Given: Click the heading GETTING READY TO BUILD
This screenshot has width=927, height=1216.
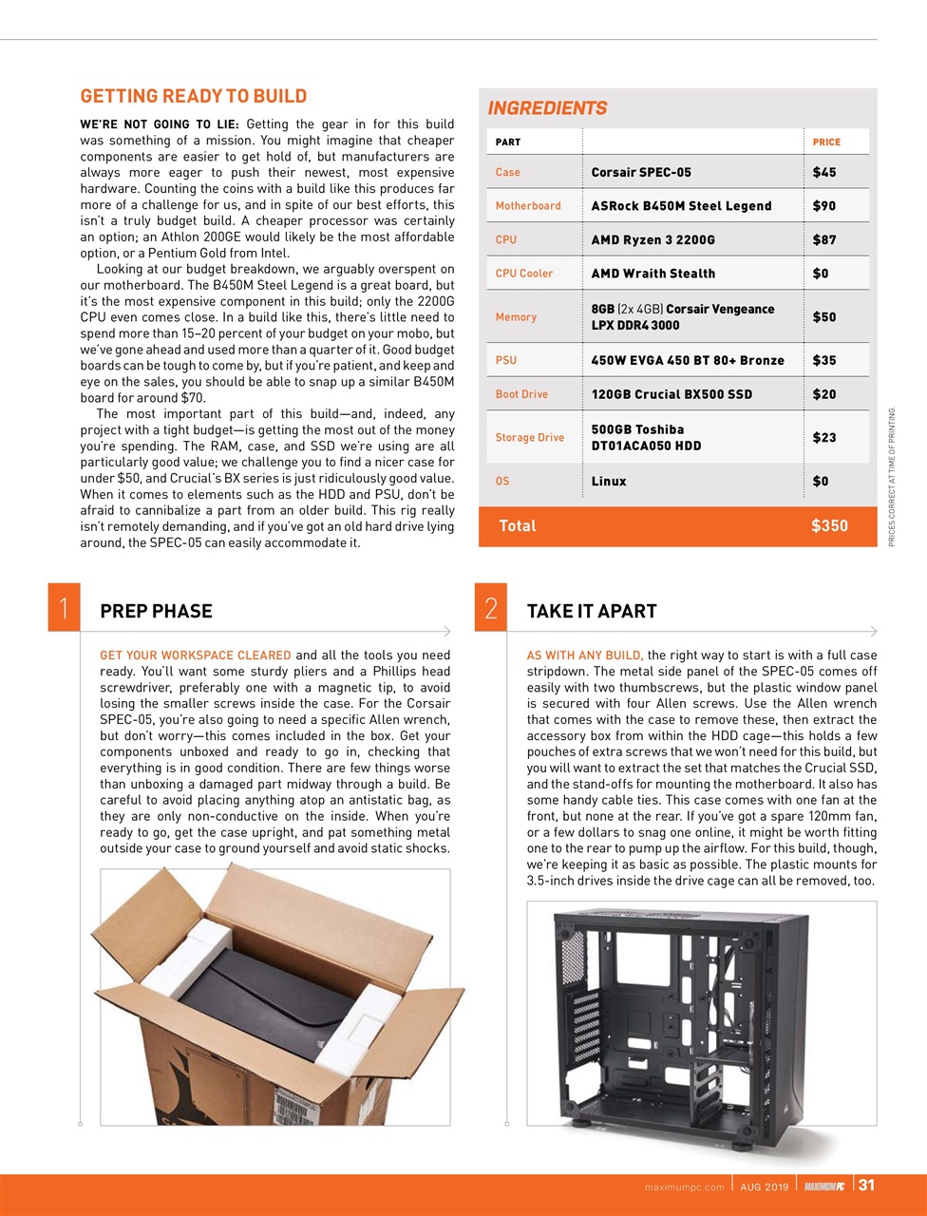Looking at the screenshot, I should coord(194,96).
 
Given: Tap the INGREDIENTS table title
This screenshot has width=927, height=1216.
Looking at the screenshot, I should coord(547,108).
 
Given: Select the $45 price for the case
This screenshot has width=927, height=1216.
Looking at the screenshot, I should coord(824,172).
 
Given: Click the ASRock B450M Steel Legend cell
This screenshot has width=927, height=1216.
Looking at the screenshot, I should coord(681,205).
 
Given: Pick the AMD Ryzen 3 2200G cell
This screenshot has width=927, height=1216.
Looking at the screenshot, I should coord(653,239).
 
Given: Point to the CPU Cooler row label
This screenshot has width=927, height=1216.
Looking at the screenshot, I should coord(523,274).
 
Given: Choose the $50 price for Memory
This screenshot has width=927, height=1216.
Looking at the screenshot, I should coord(824,316).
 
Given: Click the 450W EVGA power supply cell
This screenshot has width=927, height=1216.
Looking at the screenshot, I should coord(688,360).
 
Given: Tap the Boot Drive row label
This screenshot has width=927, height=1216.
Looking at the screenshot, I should coord(521,394).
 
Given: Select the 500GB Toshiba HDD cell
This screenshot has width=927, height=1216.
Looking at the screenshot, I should coord(646,437).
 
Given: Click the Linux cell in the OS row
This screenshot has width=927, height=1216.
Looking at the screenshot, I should coord(609,481).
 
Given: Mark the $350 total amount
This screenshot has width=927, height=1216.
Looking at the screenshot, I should coord(829,526).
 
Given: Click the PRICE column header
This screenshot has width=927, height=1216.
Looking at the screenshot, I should coord(826,142).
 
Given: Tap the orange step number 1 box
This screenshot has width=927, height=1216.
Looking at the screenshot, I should coord(64,608).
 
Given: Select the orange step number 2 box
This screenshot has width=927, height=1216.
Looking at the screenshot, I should coord(491,608).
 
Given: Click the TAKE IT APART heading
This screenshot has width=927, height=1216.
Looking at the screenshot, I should coord(592,612).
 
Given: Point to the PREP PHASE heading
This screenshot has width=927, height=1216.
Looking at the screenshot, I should coord(156,612).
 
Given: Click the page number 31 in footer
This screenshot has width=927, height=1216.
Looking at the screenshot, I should coord(866,1185).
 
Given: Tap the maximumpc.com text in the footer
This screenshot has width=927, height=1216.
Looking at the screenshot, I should coord(684,1187).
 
